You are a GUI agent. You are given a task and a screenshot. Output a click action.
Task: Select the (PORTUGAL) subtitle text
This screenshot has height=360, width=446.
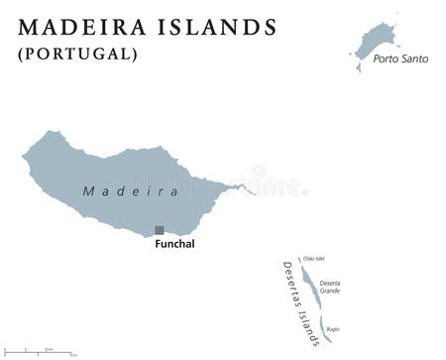[77, 54]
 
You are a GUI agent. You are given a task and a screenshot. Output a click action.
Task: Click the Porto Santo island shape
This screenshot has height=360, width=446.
[378, 41]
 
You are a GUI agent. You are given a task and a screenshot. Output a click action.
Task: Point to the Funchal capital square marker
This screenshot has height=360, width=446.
[159, 230]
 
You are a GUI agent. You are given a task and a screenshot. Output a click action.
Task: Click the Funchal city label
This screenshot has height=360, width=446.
[174, 244]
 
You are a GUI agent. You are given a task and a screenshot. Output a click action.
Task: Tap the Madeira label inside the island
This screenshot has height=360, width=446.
[130, 190]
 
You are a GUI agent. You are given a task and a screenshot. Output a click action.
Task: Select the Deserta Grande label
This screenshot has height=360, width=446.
[330, 287]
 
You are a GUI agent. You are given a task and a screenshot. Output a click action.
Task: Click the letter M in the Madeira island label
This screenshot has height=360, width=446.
[88, 190]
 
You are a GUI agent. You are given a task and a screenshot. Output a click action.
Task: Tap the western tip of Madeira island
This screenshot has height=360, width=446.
[25, 155]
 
